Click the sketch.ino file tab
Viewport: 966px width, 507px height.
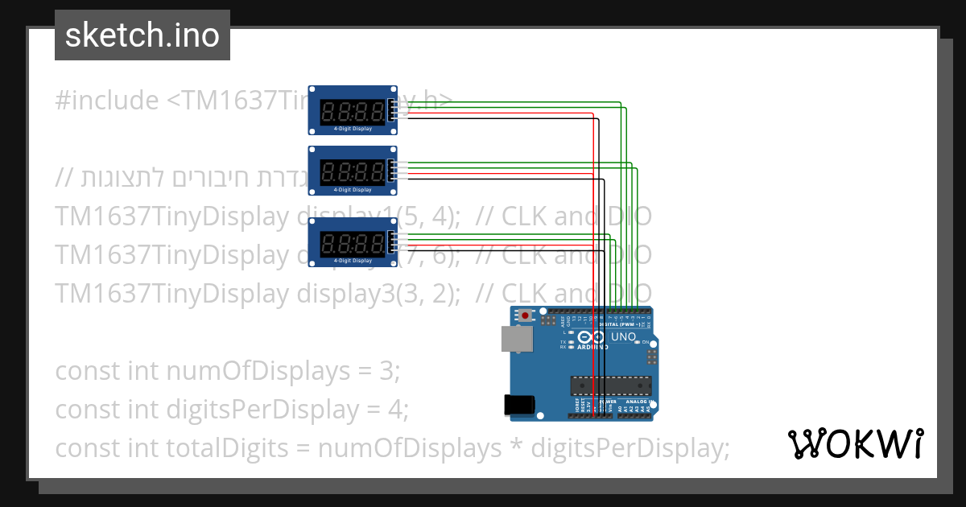click(x=142, y=35)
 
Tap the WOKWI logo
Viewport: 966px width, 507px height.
click(x=855, y=443)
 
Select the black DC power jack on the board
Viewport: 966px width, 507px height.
click(x=517, y=405)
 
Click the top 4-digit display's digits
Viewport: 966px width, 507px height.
click(x=352, y=110)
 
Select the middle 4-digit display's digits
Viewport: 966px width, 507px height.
click(x=352, y=171)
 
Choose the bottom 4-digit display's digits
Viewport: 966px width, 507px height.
click(x=352, y=242)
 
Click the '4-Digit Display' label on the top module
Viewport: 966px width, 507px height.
click(x=353, y=129)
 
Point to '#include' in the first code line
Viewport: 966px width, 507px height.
click(x=107, y=101)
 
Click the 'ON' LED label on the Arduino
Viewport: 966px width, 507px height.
click(x=646, y=342)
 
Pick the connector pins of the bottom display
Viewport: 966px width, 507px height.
click(x=392, y=242)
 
